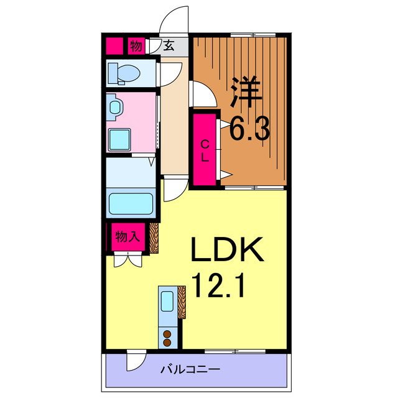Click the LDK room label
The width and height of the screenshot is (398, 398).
point(228,251)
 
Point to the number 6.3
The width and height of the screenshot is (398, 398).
point(249,130)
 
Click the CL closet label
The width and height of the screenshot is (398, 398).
point(204,150)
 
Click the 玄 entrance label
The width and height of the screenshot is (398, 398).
point(169,46)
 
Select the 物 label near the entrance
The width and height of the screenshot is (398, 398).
point(136,46)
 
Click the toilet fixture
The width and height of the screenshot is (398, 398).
point(125,73)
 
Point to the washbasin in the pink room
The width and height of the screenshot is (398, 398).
point(115,108)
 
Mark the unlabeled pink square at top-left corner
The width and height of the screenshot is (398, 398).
point(114,46)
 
